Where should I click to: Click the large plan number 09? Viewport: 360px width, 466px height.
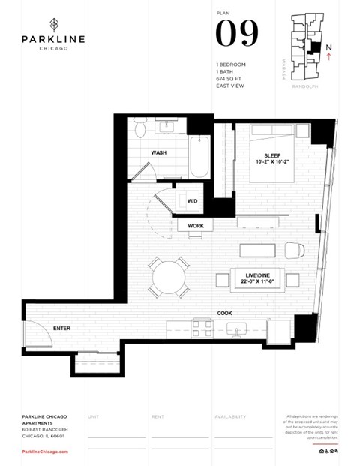click(237, 33)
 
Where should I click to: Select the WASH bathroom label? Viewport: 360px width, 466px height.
click(159, 152)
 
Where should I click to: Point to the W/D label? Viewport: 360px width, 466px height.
click(192, 201)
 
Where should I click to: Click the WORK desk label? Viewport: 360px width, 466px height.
click(196, 225)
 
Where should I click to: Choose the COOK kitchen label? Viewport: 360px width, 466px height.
click(224, 313)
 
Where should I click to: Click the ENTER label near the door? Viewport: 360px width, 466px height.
click(61, 328)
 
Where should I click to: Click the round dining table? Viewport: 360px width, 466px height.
click(169, 278)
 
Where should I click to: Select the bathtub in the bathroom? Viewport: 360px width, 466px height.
click(199, 155)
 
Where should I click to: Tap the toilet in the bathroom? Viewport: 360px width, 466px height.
click(138, 128)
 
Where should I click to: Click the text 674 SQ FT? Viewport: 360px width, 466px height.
click(229, 77)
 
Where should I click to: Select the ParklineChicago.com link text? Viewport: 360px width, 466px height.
click(44, 452)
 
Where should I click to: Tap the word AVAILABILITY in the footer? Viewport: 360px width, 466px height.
click(230, 416)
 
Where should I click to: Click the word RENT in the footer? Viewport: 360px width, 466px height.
click(157, 416)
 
